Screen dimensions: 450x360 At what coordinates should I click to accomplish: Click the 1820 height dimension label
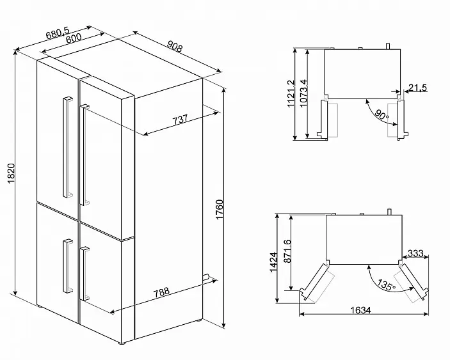click(11, 173)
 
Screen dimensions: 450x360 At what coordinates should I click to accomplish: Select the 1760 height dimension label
click(220, 210)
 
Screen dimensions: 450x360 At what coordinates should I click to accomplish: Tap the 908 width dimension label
click(175, 47)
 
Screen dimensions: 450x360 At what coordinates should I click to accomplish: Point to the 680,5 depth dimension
click(58, 33)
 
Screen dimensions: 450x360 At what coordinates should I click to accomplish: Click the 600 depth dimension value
click(74, 38)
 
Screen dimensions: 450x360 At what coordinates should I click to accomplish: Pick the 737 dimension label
click(180, 120)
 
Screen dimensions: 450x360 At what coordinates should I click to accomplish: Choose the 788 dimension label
click(161, 292)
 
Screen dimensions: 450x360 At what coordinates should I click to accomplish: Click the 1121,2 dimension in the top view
click(291, 94)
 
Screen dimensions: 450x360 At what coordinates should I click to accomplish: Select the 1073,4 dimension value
click(303, 93)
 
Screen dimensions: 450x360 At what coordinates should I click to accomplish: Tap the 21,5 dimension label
click(417, 88)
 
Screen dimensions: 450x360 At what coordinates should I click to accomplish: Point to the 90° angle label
click(382, 115)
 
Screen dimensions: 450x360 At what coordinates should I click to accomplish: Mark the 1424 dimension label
click(273, 262)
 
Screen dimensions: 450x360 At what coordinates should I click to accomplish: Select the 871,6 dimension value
click(287, 251)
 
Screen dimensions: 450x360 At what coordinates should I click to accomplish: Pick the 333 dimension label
click(415, 253)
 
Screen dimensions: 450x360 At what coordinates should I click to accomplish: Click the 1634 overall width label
click(360, 310)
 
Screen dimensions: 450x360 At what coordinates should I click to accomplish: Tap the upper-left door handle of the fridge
click(68, 148)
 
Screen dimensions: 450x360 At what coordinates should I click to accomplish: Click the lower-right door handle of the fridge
click(84, 274)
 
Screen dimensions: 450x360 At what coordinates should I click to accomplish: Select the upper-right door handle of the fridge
click(84, 155)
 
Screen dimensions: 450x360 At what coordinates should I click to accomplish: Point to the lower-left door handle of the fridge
click(68, 266)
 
